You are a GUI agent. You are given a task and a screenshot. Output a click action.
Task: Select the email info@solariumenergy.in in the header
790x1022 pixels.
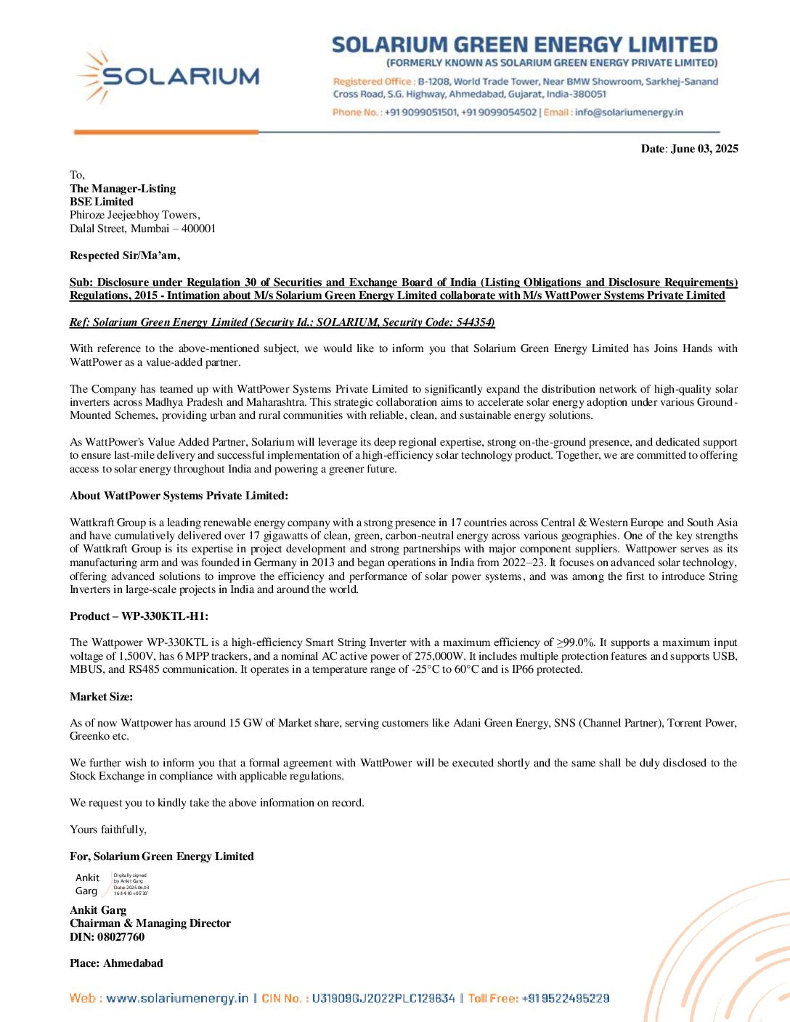click(629, 113)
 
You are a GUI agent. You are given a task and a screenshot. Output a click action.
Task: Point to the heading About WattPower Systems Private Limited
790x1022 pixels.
click(179, 496)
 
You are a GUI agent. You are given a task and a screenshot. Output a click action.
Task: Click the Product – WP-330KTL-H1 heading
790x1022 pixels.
click(139, 616)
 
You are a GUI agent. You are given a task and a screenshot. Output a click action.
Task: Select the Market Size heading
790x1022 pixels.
click(101, 697)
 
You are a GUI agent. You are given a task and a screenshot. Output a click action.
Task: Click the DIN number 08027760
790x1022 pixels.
click(121, 937)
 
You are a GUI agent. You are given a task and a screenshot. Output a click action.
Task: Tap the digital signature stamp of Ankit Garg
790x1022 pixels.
click(112, 884)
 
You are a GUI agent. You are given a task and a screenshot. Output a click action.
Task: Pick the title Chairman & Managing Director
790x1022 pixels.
click(150, 923)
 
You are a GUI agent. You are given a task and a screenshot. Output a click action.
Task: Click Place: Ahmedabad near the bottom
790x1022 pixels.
click(116, 963)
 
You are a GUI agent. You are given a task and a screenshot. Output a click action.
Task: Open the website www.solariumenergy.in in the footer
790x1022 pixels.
click(177, 999)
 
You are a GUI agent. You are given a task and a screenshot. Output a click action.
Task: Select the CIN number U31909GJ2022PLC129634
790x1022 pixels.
click(383, 999)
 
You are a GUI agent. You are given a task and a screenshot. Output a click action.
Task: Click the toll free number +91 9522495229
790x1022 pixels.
click(565, 999)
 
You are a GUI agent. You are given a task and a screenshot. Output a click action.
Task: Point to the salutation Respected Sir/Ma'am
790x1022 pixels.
click(125, 255)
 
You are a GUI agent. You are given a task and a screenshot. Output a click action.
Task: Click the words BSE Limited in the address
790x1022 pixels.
click(102, 202)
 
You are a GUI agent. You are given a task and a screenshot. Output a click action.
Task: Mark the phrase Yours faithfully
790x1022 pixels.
click(108, 830)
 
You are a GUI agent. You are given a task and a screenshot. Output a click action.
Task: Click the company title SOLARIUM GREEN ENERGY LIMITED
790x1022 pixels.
click(524, 45)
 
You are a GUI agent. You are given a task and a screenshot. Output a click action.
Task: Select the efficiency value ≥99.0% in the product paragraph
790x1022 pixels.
click(575, 642)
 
